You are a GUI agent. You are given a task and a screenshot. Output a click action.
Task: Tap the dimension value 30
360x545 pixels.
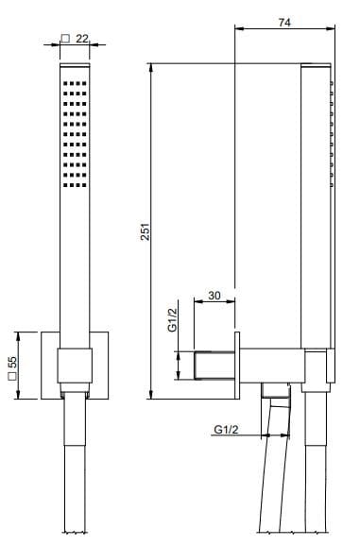coord(214,296)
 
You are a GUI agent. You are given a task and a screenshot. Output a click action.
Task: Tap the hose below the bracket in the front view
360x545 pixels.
coord(74,472)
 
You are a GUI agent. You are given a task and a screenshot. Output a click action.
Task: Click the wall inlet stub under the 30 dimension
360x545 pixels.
coord(214,364)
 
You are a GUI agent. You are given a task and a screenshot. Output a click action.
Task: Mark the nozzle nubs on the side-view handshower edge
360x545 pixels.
coord(332,132)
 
